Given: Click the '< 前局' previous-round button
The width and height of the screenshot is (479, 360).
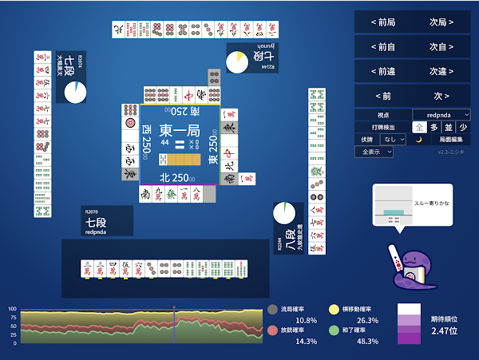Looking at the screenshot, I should [384, 22].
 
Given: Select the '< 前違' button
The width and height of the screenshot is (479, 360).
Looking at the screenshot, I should [384, 71].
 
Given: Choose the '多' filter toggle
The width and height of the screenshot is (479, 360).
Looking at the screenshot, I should [434, 128].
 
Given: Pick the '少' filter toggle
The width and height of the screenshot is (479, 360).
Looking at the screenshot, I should [463, 128].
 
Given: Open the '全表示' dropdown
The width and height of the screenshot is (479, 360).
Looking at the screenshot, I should [375, 152].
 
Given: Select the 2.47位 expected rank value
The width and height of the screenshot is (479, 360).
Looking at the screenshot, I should [442, 330].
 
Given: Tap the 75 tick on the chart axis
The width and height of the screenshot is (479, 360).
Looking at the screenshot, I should [13, 317].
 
